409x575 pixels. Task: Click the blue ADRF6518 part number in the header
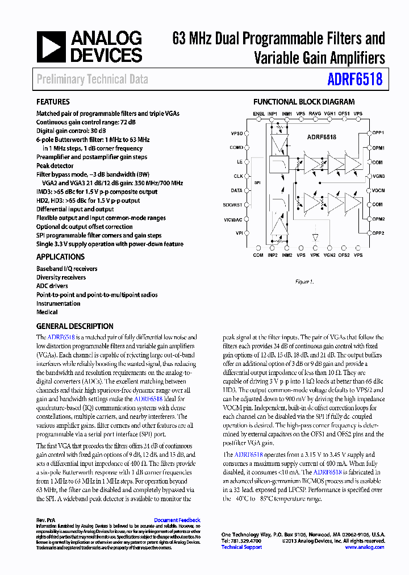[355, 79]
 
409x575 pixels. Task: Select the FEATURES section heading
[53, 102]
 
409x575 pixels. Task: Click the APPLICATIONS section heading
[60, 257]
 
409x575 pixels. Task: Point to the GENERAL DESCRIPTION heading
[74, 327]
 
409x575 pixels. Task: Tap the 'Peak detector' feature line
[55, 166]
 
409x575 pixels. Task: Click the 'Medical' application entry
[47, 312]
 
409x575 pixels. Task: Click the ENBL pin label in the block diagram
[258, 114]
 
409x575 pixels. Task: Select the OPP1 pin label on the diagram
[378, 132]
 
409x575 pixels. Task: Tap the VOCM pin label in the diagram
[378, 190]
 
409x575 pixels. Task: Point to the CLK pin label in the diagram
[238, 176]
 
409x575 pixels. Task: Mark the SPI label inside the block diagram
[257, 183]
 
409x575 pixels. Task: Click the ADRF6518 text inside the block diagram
[322, 137]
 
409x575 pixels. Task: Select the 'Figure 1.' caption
[304, 281]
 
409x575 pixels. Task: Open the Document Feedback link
[177, 520]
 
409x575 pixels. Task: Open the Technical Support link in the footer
[241, 547]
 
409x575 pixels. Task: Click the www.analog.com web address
[364, 547]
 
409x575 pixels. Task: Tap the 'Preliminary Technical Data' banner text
[92, 80]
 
